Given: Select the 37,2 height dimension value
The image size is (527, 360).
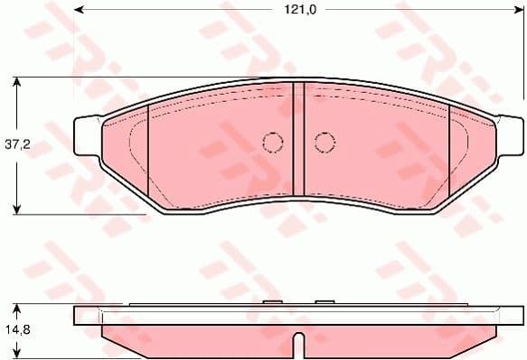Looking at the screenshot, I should pos(16,144).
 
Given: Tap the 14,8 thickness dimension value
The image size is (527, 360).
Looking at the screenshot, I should pos(16,330).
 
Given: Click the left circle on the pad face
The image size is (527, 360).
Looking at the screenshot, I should pos(272,142).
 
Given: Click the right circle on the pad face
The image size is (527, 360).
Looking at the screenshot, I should pos(325,142).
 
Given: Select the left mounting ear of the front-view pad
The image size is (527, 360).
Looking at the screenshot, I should pos(86,137).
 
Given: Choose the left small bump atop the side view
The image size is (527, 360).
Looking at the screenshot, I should pos(268,302).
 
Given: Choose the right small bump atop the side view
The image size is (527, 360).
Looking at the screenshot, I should pos(323,302).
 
